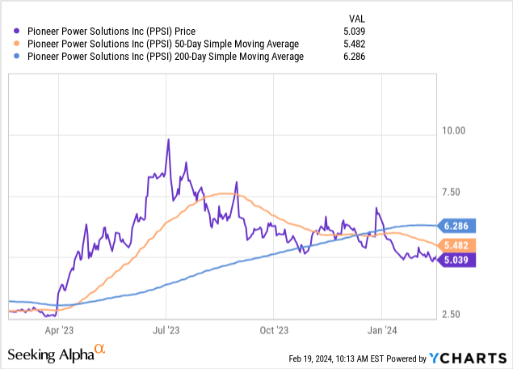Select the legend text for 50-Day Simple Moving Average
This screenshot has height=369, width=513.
coord(161,44)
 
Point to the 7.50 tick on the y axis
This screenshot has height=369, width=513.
coord(454,192)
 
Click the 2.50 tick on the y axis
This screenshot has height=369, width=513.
coord(454,314)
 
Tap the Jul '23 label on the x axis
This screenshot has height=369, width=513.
coord(166,330)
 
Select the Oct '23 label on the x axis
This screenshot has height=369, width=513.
coord(274,330)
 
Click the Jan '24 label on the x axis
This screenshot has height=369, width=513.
coord(381,330)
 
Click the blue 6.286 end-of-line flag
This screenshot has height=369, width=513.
coord(458,226)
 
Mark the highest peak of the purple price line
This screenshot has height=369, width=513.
coord(168,139)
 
